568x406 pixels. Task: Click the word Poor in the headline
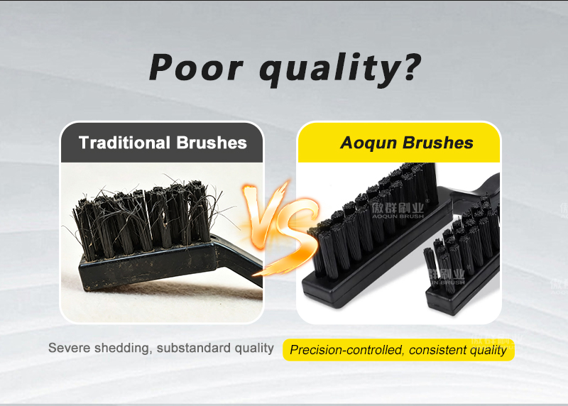coord(196,67)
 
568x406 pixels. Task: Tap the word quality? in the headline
coord(341,70)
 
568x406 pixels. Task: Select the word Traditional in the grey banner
coord(124,143)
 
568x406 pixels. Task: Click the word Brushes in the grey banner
coord(212,143)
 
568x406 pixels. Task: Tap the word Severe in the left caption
coord(69,348)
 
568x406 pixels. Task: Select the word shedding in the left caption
coord(124,349)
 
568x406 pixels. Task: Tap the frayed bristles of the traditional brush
coord(145,217)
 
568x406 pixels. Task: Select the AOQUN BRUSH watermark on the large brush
coord(398,211)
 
